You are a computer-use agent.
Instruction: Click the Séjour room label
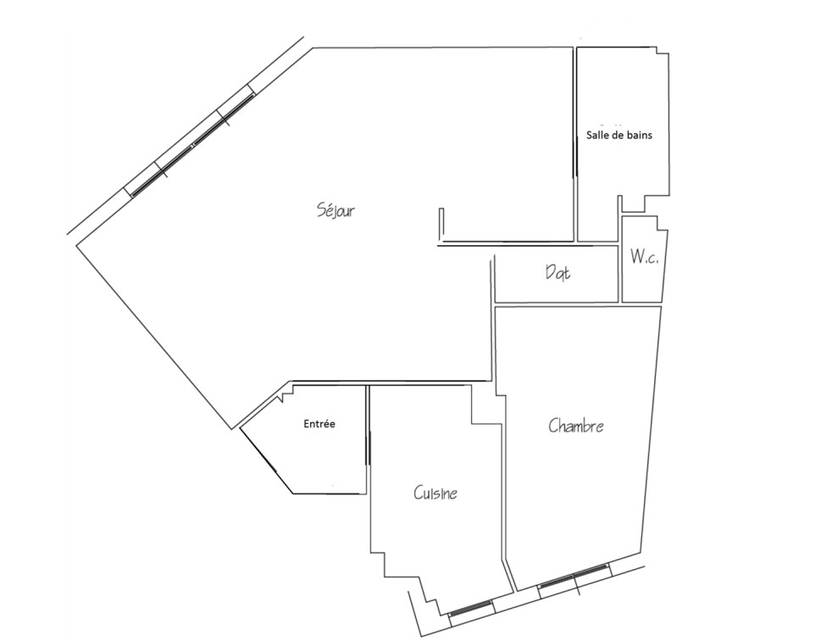click(x=336, y=211)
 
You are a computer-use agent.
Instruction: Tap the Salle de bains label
click(x=619, y=135)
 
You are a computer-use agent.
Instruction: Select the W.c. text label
click(x=644, y=258)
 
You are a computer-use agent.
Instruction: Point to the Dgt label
click(x=558, y=273)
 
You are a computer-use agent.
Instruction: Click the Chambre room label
click(x=576, y=426)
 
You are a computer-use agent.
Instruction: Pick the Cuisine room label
click(x=436, y=493)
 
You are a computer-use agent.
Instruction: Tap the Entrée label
click(x=319, y=424)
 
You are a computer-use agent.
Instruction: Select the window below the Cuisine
click(x=470, y=608)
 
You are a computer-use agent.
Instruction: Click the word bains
click(x=637, y=135)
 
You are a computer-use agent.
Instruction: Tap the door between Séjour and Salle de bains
click(x=575, y=153)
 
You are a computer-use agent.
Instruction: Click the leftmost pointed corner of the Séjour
click(x=77, y=246)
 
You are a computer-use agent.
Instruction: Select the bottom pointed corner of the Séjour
click(x=231, y=428)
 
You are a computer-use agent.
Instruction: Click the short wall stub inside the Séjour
click(x=441, y=224)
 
